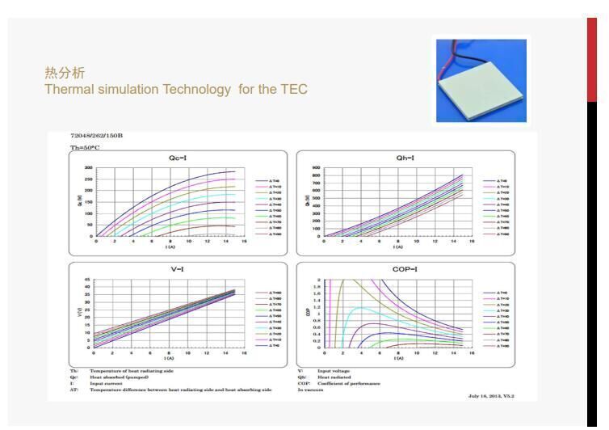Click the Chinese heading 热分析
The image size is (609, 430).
click(x=65, y=74)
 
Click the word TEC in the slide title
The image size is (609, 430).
click(x=295, y=89)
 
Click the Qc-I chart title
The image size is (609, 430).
click(x=178, y=158)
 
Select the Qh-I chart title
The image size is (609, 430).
click(x=405, y=158)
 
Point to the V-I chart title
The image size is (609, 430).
click(x=178, y=269)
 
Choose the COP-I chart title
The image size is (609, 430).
click(x=405, y=269)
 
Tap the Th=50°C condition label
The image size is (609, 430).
click(x=85, y=147)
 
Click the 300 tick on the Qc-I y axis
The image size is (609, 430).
click(x=89, y=167)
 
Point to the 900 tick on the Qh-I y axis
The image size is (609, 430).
click(x=317, y=167)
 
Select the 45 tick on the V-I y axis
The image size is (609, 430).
click(x=88, y=280)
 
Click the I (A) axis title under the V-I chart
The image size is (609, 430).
click(x=170, y=358)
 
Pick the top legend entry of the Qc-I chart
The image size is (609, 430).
click(x=270, y=181)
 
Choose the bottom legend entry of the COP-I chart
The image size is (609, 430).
click(x=498, y=346)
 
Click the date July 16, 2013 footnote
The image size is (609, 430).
click(x=490, y=396)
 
